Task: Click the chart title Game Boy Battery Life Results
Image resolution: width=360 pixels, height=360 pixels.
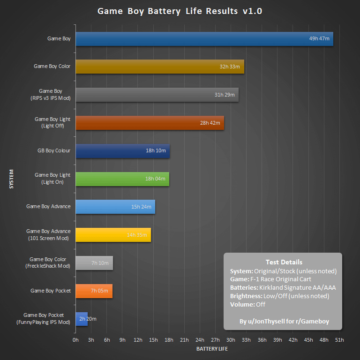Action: pyautogui.click(x=180, y=11)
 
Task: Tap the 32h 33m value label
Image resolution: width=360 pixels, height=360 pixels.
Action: pyautogui.click(x=230, y=67)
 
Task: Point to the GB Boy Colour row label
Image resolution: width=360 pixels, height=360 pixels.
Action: pyautogui.click(x=54, y=150)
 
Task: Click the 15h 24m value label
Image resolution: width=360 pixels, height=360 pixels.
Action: pyautogui.click(x=141, y=207)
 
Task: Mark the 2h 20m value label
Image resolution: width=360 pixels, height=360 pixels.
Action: pyautogui.click(x=88, y=319)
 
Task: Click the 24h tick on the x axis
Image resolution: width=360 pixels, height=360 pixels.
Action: pyautogui.click(x=200, y=340)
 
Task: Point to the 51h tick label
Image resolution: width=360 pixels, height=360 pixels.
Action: pyautogui.click(x=339, y=340)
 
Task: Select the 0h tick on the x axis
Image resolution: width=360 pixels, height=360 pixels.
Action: pyautogui.click(x=76, y=340)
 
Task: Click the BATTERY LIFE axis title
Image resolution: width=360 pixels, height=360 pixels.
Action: pyautogui.click(x=212, y=349)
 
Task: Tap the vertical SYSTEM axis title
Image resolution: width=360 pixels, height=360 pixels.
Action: pyautogui.click(x=11, y=179)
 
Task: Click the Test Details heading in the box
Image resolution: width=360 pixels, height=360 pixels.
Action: pyautogui.click(x=284, y=262)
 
